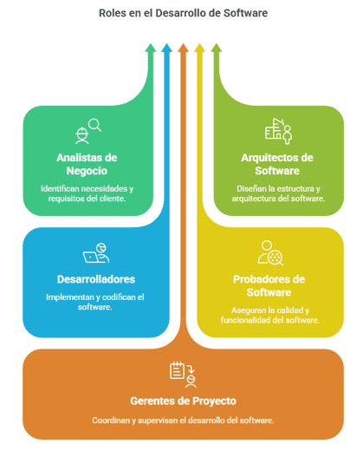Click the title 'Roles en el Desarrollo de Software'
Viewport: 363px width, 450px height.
point(183,13)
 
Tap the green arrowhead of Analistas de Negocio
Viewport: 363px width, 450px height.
point(150,48)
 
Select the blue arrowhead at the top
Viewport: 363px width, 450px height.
point(166,48)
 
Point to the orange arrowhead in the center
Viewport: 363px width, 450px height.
point(183,48)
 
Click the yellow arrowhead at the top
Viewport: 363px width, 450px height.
point(199,48)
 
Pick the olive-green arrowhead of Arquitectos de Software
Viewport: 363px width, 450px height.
point(216,48)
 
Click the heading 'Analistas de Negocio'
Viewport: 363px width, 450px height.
point(87,164)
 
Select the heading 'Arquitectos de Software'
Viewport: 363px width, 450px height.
point(277,164)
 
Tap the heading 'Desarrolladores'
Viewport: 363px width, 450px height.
point(96,279)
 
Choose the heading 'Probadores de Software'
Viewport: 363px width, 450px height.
point(269,285)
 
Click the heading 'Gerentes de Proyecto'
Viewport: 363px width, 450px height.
point(183,401)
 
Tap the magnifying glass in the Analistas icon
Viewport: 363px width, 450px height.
point(95,125)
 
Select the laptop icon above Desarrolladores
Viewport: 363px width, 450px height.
point(90,257)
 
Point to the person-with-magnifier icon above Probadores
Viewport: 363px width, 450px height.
point(270,253)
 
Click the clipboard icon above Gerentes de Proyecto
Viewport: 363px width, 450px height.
point(177,370)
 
